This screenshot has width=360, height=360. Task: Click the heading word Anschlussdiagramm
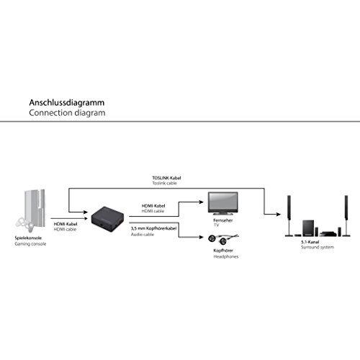click(x=67, y=102)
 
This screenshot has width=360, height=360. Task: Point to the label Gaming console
click(x=30, y=245)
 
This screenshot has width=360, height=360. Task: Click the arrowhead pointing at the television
click(x=202, y=204)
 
